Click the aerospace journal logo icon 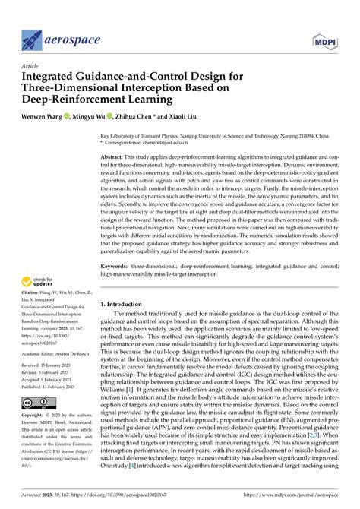[35, 39]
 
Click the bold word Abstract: [115, 156]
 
